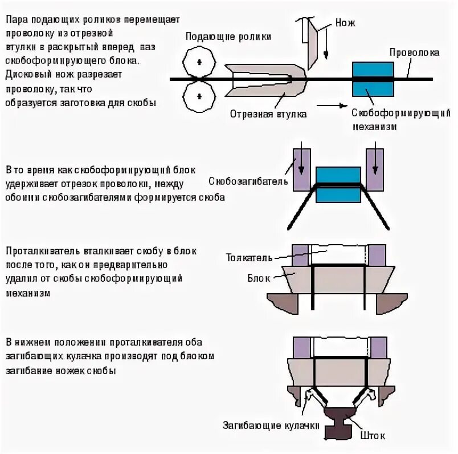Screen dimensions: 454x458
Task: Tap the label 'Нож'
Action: coord(345,23)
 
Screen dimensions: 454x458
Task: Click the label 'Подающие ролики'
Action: coord(227,36)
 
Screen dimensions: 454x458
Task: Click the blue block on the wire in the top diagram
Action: coord(373,78)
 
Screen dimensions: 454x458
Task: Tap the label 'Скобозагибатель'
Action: coord(250,181)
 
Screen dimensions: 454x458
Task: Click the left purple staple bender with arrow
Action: coord(301,169)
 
